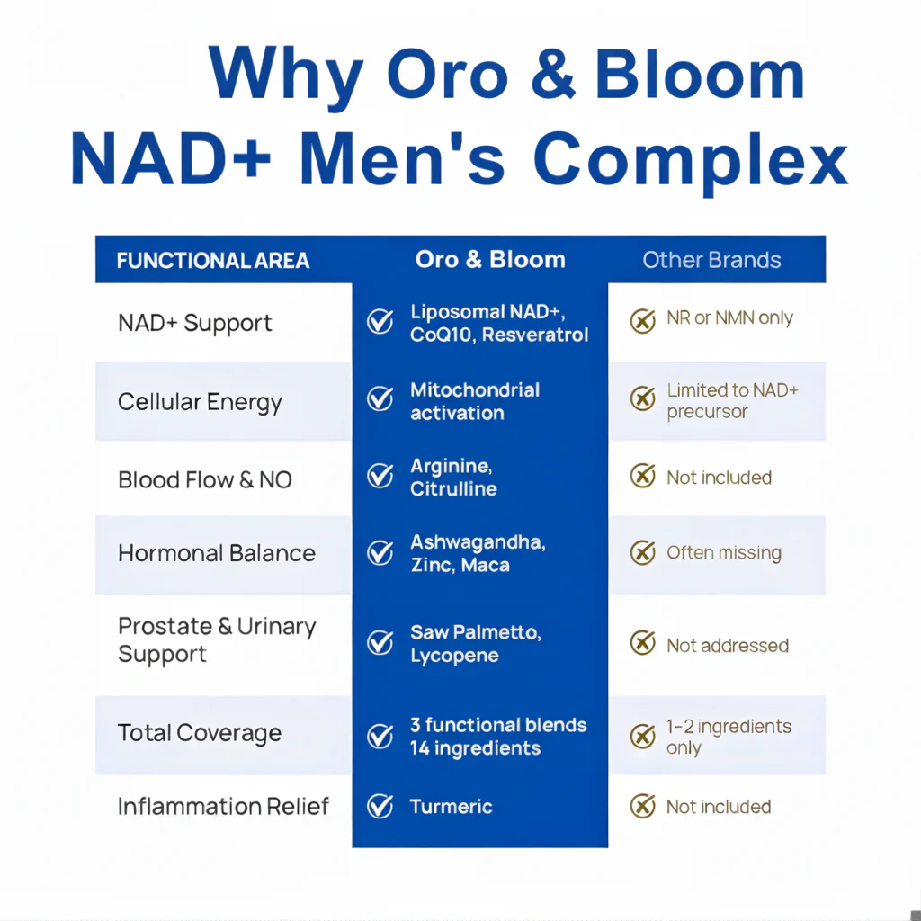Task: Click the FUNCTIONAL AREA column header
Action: point(213,261)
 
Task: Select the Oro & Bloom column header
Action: point(490,260)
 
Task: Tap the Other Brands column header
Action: point(711,261)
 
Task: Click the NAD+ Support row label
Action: point(195,324)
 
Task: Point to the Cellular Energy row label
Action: point(200,402)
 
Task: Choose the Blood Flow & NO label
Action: point(205,479)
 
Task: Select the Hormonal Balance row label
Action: point(217,553)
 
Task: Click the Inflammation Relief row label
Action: point(224,806)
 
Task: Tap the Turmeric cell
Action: point(452,807)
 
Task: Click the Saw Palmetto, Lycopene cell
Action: point(476,644)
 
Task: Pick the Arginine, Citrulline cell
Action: point(453,478)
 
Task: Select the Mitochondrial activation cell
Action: point(475,401)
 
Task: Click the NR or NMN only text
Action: point(729,319)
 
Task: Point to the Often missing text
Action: point(723,553)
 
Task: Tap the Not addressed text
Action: point(727,646)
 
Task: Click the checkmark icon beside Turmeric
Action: point(380,806)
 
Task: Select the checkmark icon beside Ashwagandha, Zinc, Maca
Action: point(380,552)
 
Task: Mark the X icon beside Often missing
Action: point(642,552)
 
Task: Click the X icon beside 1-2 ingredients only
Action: point(642,737)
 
